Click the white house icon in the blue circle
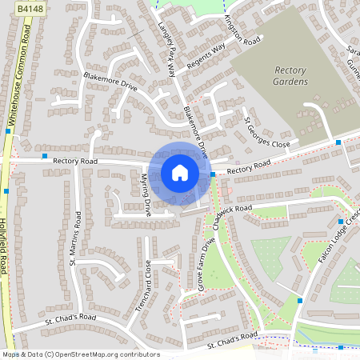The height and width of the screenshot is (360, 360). pos(180,172)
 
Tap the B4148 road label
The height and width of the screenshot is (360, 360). pos(29,6)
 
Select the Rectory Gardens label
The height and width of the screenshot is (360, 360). pos(290,76)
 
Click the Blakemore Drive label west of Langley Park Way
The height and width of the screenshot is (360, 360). pos(110,81)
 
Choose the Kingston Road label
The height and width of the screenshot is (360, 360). pos(243,30)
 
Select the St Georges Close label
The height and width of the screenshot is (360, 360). pos(266,133)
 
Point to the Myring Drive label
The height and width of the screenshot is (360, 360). pos(146,195)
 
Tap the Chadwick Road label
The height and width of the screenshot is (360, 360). pos(227,212)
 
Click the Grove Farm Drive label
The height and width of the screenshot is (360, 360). pos(207,264)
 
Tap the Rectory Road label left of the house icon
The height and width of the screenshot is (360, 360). pos(75,161)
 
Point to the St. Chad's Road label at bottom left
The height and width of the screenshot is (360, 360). pos(70,319)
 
